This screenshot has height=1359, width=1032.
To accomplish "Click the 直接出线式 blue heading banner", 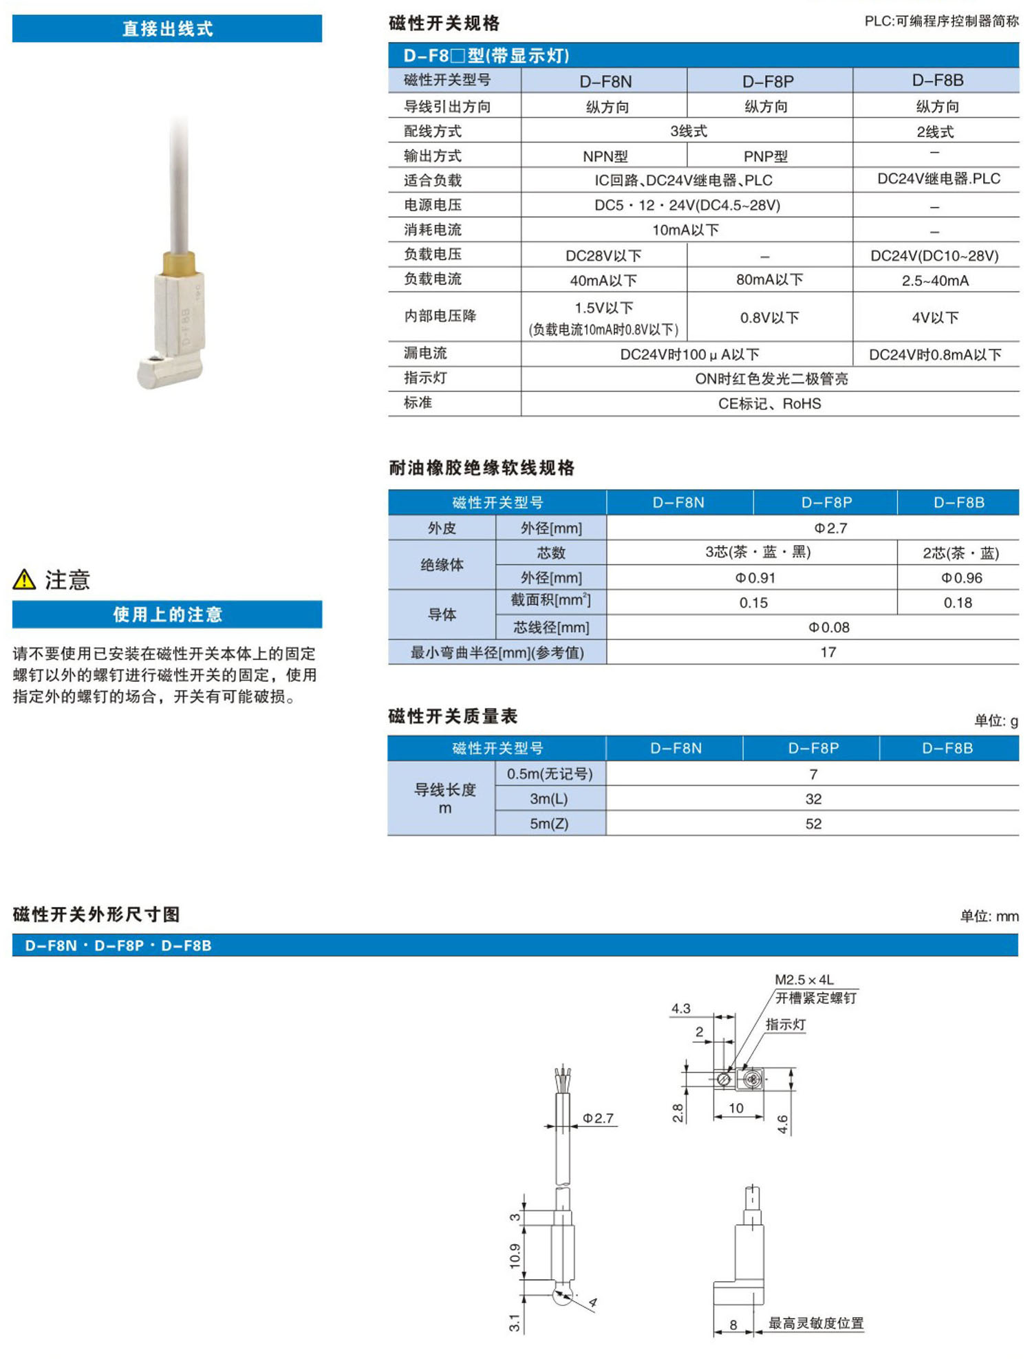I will (167, 29).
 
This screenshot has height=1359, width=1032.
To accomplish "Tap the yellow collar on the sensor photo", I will (179, 262).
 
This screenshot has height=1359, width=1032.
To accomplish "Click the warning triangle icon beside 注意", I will (24, 579).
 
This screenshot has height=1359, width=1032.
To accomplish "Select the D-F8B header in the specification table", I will (937, 81).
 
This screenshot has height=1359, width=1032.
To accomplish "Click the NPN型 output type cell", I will (605, 156).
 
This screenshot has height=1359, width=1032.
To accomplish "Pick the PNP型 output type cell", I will (765, 156).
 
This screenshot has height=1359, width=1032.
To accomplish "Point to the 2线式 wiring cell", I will (935, 131).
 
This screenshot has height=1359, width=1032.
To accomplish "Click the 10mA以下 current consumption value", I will (685, 230).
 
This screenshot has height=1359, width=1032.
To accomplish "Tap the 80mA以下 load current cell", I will (769, 279).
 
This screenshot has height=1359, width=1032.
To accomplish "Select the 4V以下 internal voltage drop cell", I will (935, 317).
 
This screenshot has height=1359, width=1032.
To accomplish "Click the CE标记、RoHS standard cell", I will (769, 404).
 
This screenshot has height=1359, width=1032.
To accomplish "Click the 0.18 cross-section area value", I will (958, 603).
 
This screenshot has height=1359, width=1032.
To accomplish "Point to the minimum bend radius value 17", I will (828, 652).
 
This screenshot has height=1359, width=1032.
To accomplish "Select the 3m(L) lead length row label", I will (549, 799).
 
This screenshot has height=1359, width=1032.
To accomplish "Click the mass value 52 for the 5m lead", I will (813, 824).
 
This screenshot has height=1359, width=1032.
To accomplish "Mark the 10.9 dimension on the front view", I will (515, 1256).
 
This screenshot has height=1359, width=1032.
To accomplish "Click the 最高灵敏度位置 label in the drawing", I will (815, 1323).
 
